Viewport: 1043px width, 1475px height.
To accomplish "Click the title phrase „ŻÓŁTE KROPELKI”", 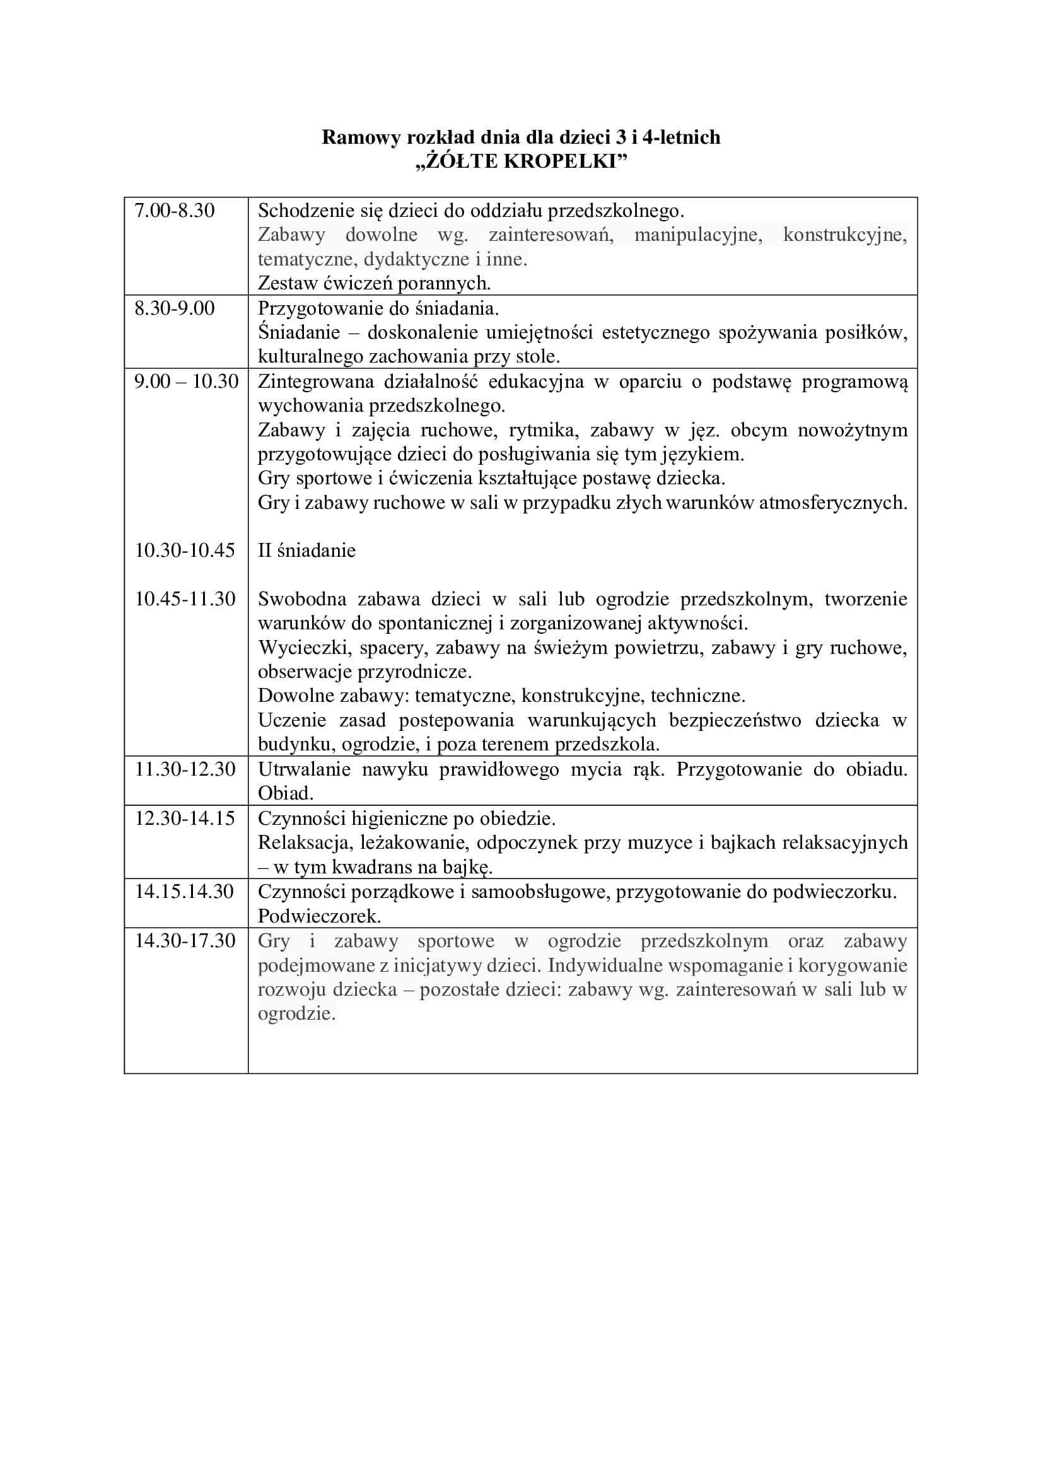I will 521,161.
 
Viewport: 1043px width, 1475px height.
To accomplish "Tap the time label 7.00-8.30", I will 174,211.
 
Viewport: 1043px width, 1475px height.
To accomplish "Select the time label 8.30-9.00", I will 174,308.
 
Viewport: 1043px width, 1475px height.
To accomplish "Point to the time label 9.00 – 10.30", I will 186,382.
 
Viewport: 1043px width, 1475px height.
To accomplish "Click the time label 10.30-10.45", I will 185,551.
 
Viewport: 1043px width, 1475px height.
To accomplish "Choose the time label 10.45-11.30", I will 185,599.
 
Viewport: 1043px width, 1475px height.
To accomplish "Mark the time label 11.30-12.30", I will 185,769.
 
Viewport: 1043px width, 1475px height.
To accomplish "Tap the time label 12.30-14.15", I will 185,819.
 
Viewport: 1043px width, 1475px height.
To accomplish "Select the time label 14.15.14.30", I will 184,892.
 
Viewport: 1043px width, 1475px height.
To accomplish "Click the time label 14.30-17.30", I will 185,941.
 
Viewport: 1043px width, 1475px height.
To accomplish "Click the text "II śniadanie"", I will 306,551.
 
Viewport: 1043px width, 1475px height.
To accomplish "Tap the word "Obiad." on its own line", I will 285,794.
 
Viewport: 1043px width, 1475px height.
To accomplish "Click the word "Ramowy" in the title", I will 360,137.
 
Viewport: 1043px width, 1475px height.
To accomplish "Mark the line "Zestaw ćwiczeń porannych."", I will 374,283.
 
